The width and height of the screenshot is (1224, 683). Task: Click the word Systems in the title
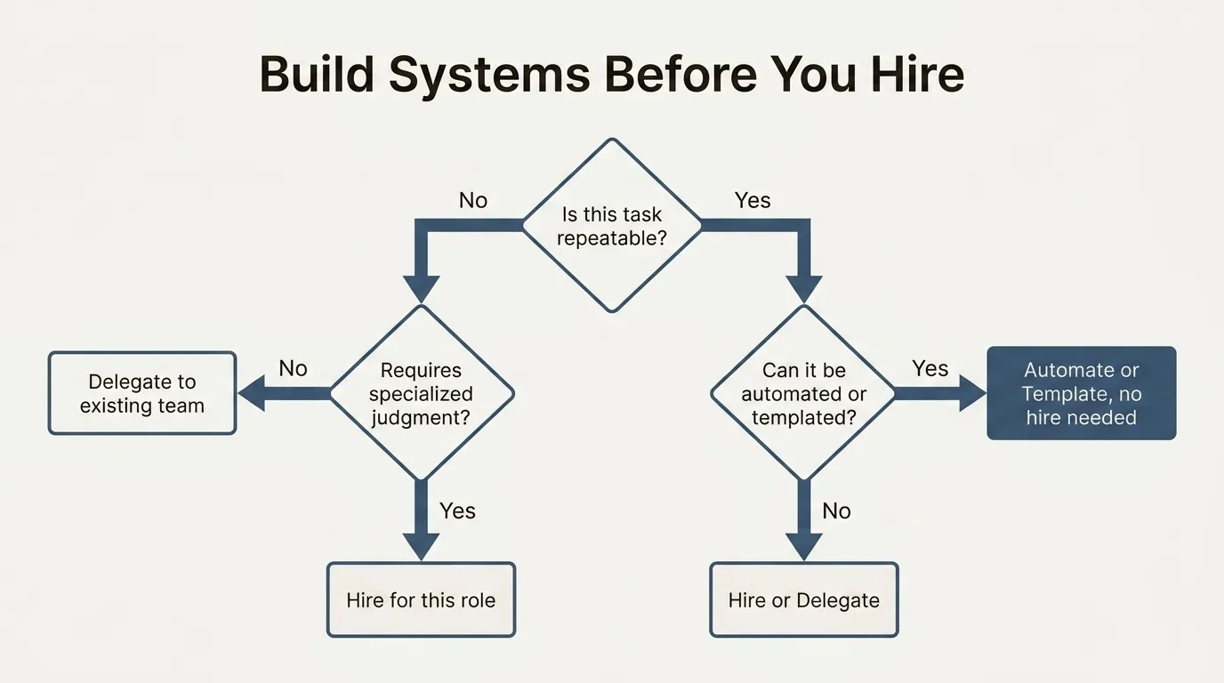pos(489,76)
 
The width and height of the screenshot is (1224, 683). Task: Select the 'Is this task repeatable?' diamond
pos(612,225)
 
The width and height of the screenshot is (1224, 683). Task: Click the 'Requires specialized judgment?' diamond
pos(422,393)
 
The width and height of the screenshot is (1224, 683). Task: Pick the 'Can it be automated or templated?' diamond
pos(803,393)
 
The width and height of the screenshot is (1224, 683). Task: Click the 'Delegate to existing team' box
pos(142,393)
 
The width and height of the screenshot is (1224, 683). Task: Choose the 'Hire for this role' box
pos(422,600)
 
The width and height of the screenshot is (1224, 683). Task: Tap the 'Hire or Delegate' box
pos(804,600)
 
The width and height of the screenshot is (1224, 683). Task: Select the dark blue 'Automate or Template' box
pos(1082,393)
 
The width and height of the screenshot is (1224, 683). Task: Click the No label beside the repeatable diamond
pos(473,200)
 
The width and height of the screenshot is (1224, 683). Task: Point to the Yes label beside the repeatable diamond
pos(753,200)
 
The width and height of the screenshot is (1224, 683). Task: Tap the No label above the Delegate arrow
pos(293,369)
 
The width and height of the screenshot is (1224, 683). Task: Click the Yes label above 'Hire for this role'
pos(457,511)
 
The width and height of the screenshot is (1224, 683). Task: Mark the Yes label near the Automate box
pos(930,369)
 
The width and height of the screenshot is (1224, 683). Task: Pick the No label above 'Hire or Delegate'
pos(836,511)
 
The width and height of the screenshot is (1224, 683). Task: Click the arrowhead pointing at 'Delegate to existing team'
pos(252,393)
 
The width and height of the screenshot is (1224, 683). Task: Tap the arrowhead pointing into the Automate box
pos(972,393)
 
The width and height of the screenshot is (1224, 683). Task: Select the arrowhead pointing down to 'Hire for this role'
pos(422,547)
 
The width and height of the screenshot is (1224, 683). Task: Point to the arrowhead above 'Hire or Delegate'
pos(804,547)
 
